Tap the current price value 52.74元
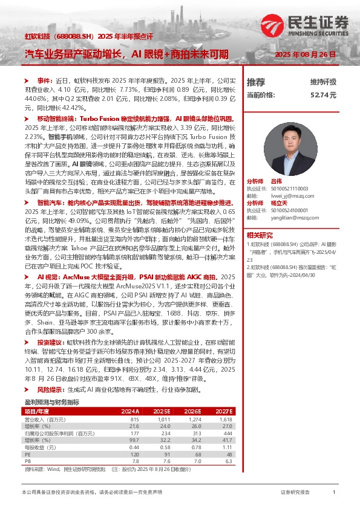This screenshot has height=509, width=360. click(323, 95)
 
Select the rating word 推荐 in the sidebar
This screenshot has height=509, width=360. click(256, 82)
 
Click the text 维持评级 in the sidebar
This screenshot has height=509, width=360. click(323, 82)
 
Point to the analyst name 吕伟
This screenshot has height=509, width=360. click(277, 181)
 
